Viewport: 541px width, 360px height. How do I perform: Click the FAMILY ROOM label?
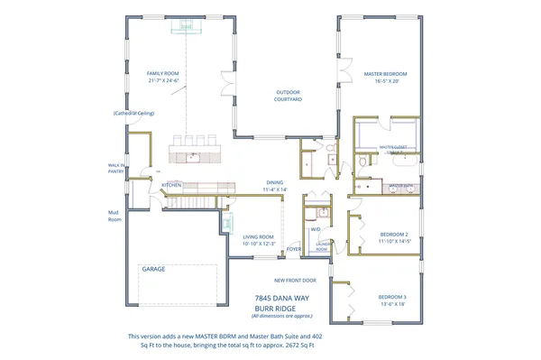point(165,73)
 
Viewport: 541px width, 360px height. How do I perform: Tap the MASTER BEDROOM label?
point(386,74)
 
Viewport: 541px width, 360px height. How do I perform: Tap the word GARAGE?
point(152,269)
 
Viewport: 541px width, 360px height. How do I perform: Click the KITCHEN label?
point(172,185)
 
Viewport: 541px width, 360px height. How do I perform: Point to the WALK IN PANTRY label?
point(115,167)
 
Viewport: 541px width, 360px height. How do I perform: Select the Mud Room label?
point(115,215)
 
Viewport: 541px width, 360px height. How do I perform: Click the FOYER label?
point(293,249)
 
